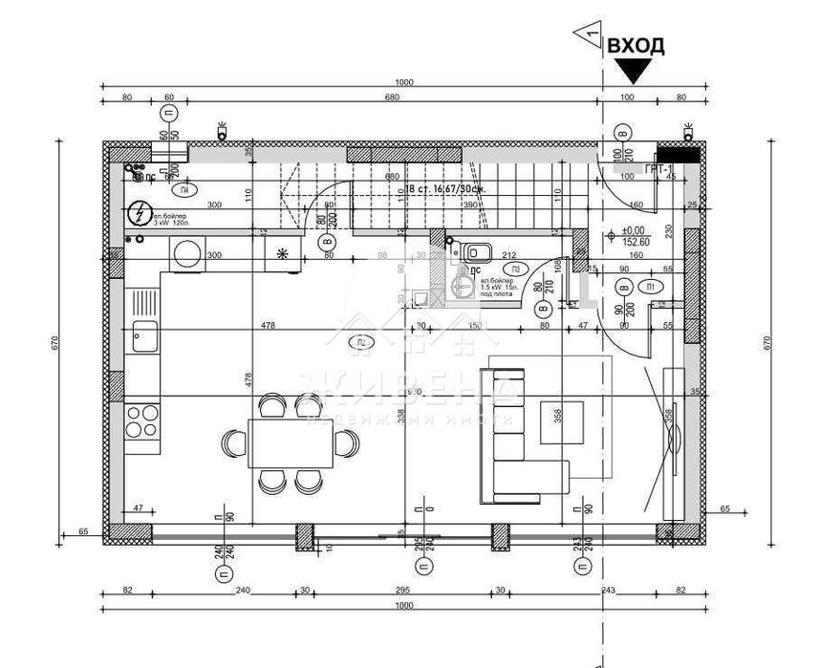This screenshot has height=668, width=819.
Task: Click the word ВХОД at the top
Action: [x=636, y=45]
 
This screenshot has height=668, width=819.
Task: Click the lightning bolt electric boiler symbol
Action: [x=140, y=213]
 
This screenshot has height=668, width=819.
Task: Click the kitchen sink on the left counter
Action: [x=145, y=335]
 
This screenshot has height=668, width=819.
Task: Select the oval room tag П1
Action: [x=650, y=286]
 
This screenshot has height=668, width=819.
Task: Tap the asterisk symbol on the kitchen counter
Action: [x=282, y=254]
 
